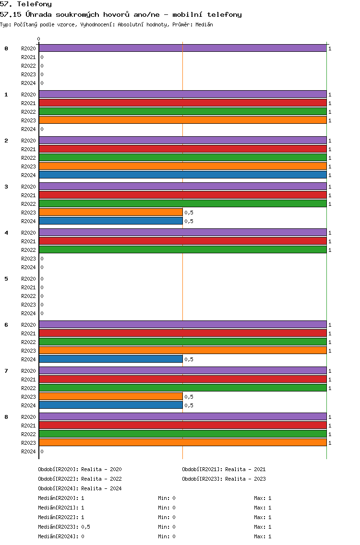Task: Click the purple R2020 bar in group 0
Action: pyautogui.click(x=183, y=48)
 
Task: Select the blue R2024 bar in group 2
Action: pyautogui.click(x=183, y=175)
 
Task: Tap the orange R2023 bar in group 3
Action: pyautogui.click(x=111, y=213)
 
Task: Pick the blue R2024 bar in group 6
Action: pyautogui.click(x=111, y=359)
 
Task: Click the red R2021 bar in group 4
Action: pyautogui.click(x=183, y=241)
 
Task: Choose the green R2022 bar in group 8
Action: pyautogui.click(x=183, y=434)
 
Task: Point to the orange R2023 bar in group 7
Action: pyautogui.click(x=111, y=397)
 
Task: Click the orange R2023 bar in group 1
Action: pyautogui.click(x=183, y=120)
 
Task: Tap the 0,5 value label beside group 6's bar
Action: pyautogui.click(x=189, y=359)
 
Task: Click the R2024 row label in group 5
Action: pyautogui.click(x=28, y=313)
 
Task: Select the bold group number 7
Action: pyautogui.click(x=6, y=371)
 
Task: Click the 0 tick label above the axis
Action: pyautogui.click(x=38, y=39)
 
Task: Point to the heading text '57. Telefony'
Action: pyautogui.click(x=26, y=4)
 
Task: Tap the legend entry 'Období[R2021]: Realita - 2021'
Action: pyautogui.click(x=224, y=469)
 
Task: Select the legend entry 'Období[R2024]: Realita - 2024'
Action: pyautogui.click(x=80, y=488)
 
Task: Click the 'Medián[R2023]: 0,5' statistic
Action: pyautogui.click(x=64, y=527)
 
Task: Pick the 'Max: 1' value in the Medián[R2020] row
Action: pyautogui.click(x=263, y=498)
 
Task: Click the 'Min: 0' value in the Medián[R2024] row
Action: pyautogui.click(x=167, y=536)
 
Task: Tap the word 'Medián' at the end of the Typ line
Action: pyautogui.click(x=204, y=24)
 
